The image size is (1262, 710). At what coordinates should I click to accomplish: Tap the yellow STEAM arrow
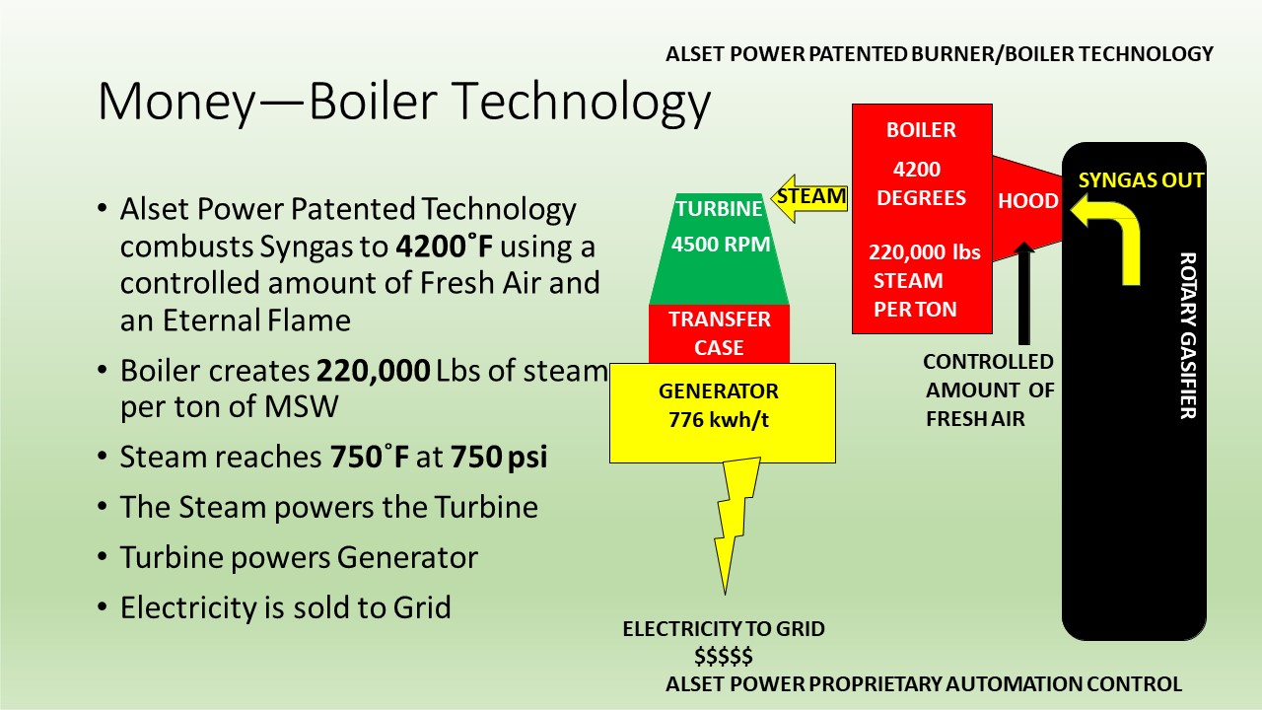809,198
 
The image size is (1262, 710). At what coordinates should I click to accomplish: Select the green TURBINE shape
719,249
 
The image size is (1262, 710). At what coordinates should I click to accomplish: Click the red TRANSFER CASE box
719,333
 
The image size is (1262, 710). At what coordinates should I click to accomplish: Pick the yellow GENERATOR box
723,413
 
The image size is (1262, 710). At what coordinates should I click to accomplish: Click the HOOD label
1027,201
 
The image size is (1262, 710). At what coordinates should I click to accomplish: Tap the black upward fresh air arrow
1024,293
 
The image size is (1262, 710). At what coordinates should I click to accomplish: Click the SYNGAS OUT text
1141,180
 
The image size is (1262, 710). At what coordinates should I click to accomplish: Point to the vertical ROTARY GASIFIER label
1188,336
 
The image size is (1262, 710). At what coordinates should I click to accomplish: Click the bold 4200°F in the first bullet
444,247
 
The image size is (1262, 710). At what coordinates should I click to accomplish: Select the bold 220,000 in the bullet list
374,371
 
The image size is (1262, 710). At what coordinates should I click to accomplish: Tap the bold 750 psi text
499,457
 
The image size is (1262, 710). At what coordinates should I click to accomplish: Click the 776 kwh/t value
719,420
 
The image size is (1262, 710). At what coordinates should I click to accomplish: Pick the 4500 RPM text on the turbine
721,245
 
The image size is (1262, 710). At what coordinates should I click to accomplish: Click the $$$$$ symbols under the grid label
724,657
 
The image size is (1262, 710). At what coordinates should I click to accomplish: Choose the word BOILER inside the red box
921,130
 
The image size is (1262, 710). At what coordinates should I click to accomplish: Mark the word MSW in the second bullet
302,406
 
